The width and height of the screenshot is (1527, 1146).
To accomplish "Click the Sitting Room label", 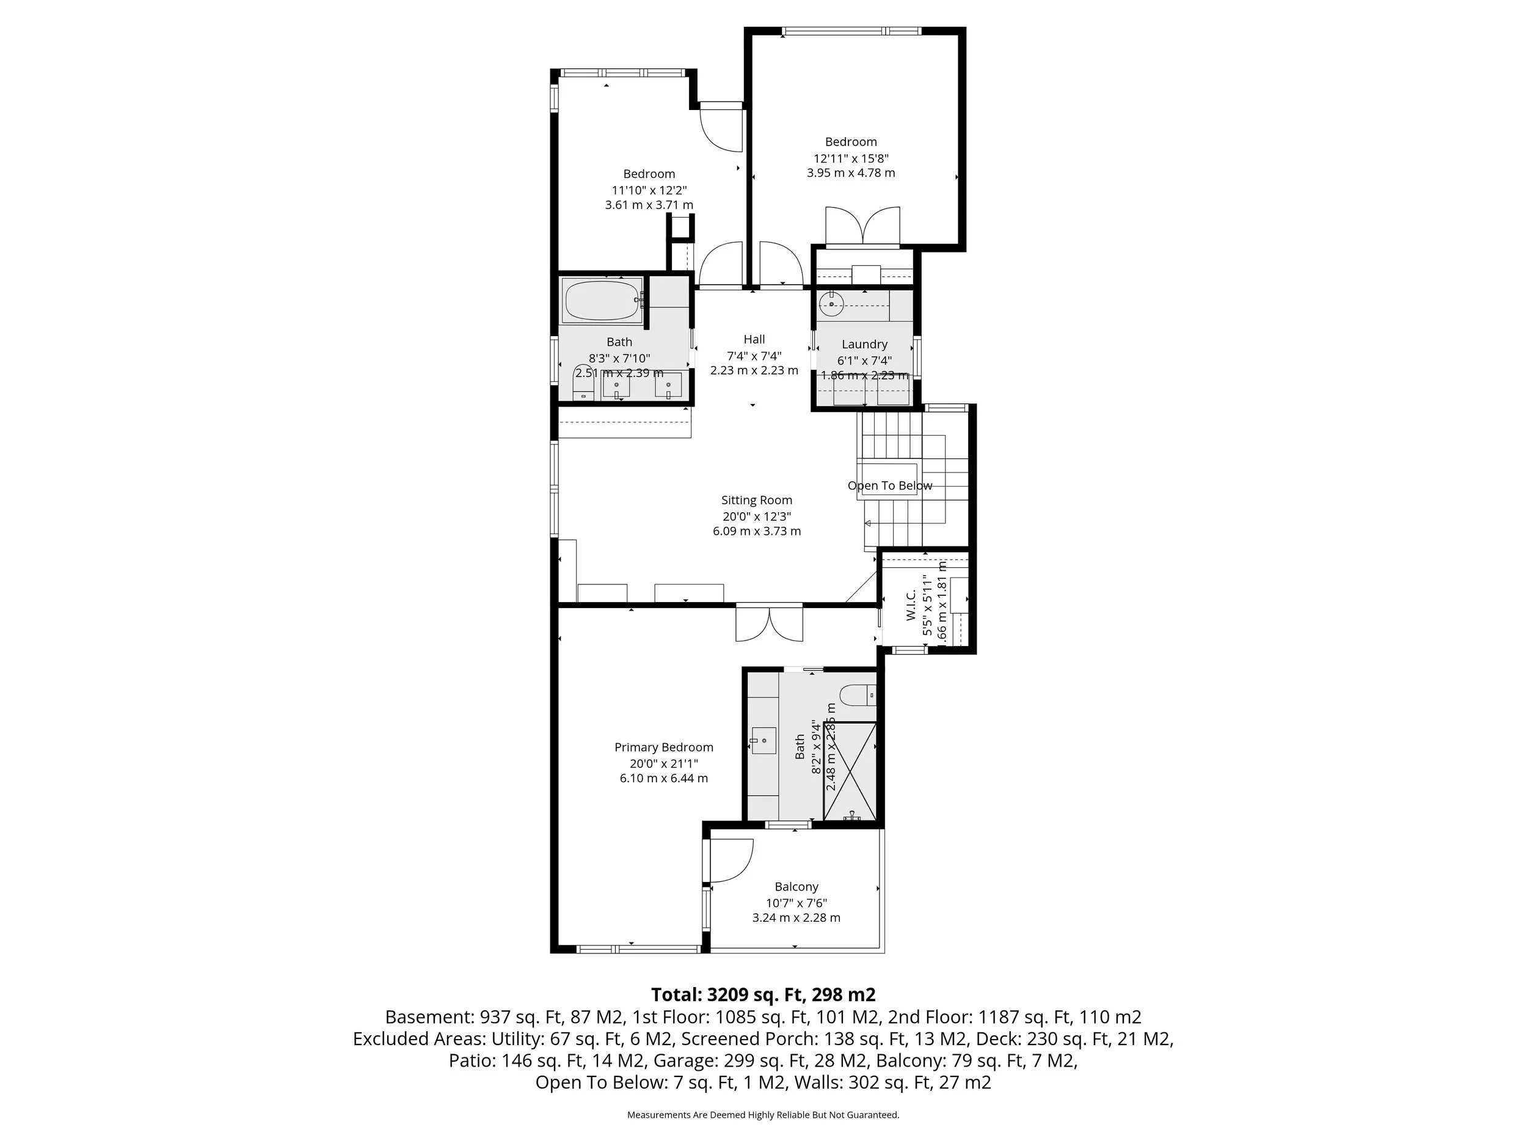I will (x=757, y=500).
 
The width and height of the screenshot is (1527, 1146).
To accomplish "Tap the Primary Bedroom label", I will (x=663, y=747).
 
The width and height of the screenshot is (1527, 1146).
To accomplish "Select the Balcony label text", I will (x=796, y=887).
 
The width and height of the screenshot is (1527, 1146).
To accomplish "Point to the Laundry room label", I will (x=864, y=344).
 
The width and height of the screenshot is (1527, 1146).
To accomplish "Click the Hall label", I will (x=754, y=339).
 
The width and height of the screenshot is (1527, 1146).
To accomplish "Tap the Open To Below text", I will (x=890, y=486).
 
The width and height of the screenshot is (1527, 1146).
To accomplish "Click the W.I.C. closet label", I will (x=911, y=604).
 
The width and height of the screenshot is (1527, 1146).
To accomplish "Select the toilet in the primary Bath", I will (x=858, y=695).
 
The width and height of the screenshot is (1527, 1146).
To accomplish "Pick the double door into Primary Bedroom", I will (x=769, y=622).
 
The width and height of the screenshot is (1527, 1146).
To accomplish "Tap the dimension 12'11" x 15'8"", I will (x=850, y=158).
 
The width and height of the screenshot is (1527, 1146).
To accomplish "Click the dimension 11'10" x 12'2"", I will (x=649, y=190).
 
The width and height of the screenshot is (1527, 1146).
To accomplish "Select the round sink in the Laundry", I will (x=832, y=304).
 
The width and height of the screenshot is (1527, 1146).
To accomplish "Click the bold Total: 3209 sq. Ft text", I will (x=763, y=994).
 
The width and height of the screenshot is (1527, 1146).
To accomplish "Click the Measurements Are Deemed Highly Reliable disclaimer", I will (x=763, y=1115).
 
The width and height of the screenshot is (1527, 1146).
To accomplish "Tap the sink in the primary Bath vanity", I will (x=763, y=741).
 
